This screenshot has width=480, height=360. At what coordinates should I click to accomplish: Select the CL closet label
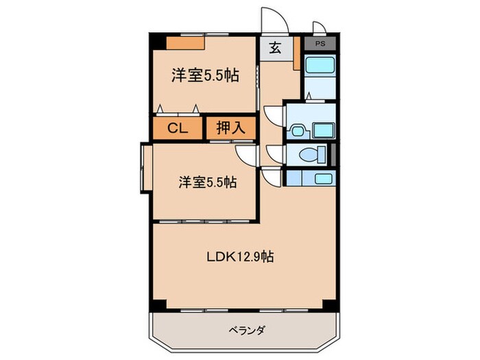pos(178,128)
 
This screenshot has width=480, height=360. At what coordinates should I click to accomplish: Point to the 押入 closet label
pos(231,128)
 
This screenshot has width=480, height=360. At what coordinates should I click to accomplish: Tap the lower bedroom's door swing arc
pos(245,154)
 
